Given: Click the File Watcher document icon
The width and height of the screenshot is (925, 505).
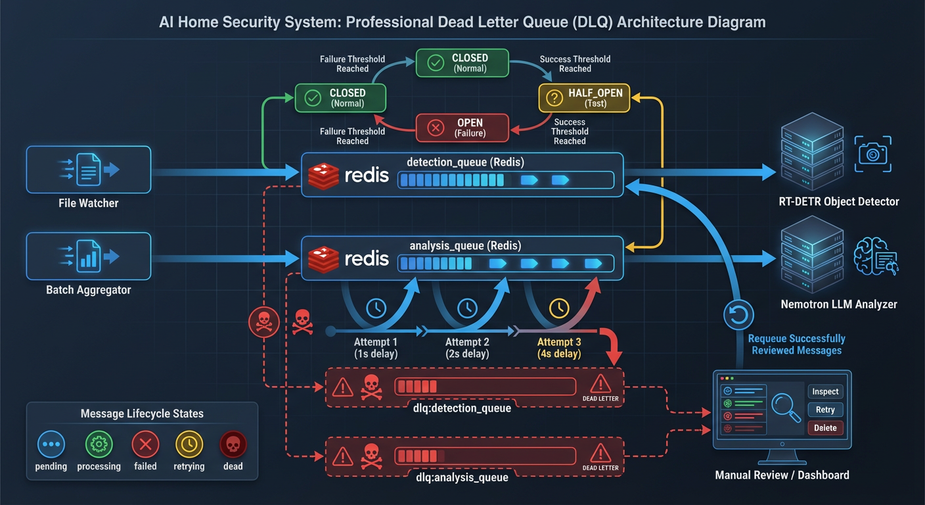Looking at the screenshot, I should coord(88,170).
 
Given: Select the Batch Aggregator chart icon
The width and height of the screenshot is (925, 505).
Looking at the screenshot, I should coord(88,256).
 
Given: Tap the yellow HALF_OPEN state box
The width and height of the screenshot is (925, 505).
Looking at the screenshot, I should coord(584,98).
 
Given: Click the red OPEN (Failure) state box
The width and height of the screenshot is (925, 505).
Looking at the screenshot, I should coord(461,128).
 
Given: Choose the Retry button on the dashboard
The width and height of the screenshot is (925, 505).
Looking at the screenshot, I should coord(824,410).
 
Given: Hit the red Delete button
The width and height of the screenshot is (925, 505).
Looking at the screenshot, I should coord(824,428).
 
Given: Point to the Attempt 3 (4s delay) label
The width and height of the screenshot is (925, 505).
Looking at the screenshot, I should coord(558,348).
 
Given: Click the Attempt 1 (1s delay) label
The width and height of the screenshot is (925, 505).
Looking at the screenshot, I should coord(375,348).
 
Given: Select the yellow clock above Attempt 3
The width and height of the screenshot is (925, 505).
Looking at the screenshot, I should coord(559,307).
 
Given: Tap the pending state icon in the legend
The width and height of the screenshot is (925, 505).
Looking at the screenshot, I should coord(51,445).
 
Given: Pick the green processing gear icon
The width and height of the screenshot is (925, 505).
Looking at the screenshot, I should coord(99,445).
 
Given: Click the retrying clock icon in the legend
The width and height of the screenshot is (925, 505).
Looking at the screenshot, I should coord(189,445).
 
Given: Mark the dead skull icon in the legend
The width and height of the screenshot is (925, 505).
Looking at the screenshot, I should coord(233,445).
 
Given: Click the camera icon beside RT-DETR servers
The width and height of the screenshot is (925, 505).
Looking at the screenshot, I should coord(873,154).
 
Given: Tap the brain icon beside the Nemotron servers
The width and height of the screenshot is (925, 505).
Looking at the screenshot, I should coord(874,258).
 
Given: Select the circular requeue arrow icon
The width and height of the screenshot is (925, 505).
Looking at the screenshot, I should coord(738,315).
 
